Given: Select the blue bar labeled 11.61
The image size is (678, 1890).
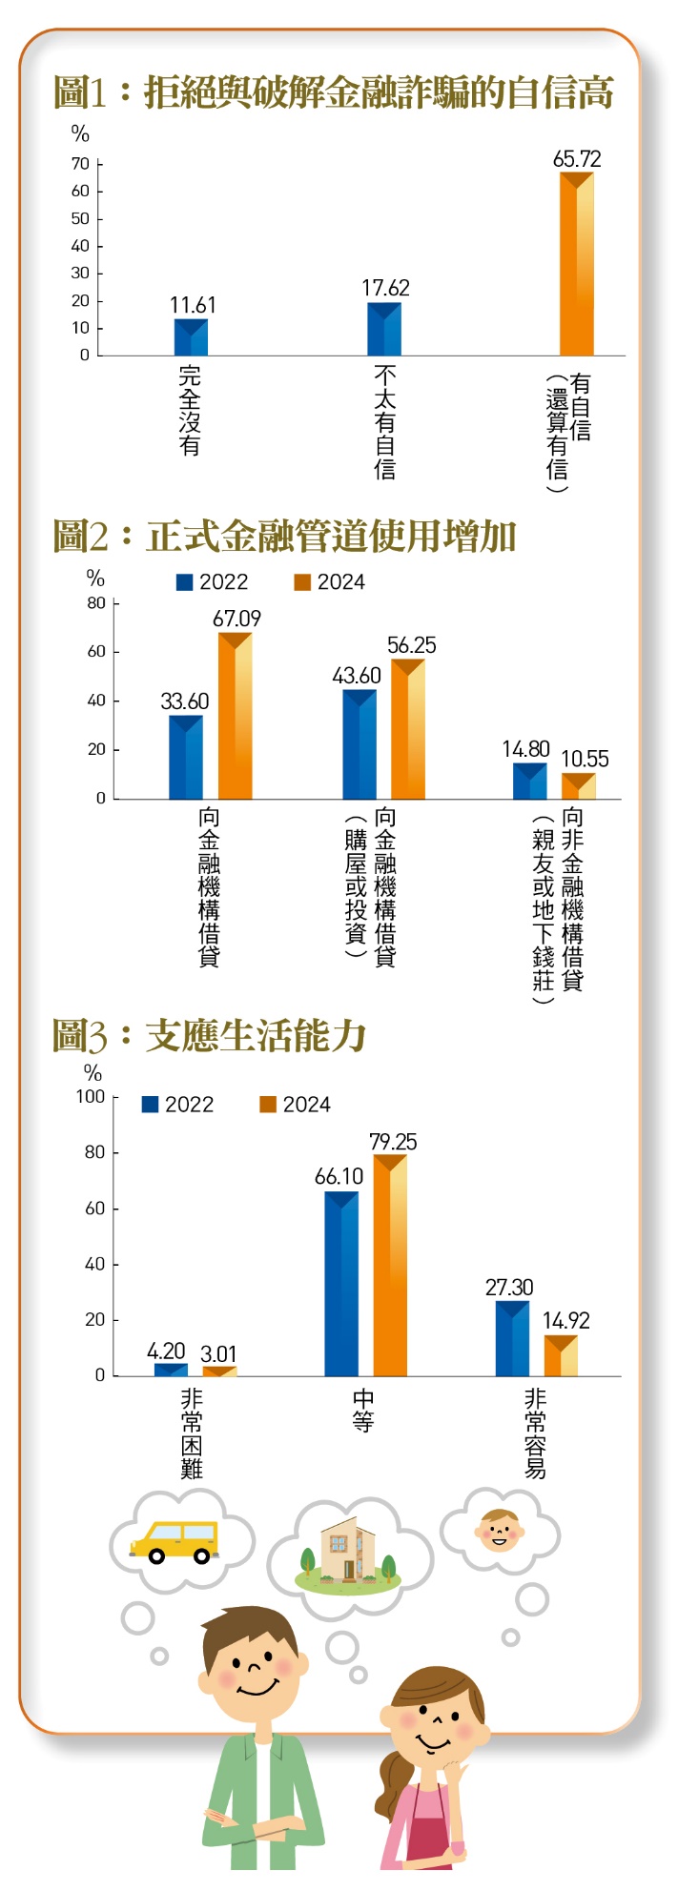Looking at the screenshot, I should pyautogui.click(x=191, y=337).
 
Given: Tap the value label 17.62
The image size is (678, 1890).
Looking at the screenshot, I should pyautogui.click(x=385, y=288).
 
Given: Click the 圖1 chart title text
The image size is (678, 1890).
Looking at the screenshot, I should pyautogui.click(x=333, y=93).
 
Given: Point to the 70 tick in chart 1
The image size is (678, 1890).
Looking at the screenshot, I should pyautogui.click(x=80, y=164).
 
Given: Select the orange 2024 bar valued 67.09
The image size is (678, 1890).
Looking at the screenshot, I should pyautogui.click(x=235, y=716).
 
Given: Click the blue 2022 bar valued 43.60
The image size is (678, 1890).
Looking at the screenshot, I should pyautogui.click(x=360, y=744).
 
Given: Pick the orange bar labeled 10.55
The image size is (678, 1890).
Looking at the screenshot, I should pyautogui.click(x=578, y=786).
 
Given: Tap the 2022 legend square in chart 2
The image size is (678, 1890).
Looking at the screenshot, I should pyautogui.click(x=185, y=582).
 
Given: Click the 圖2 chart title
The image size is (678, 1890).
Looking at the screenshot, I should pyautogui.click(x=284, y=538).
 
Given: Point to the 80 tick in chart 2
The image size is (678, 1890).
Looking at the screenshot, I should pyautogui.click(x=96, y=603).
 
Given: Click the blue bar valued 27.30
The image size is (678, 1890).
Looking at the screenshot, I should pyautogui.click(x=512, y=1339).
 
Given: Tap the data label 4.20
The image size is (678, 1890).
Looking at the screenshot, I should pyautogui.click(x=166, y=1351).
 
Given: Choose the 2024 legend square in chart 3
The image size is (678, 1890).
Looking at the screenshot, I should pyautogui.click(x=268, y=1105).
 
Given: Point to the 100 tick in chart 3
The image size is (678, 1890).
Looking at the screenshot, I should pyautogui.click(x=91, y=1097).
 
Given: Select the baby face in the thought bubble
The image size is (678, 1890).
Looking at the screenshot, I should pyautogui.click(x=499, y=1530).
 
